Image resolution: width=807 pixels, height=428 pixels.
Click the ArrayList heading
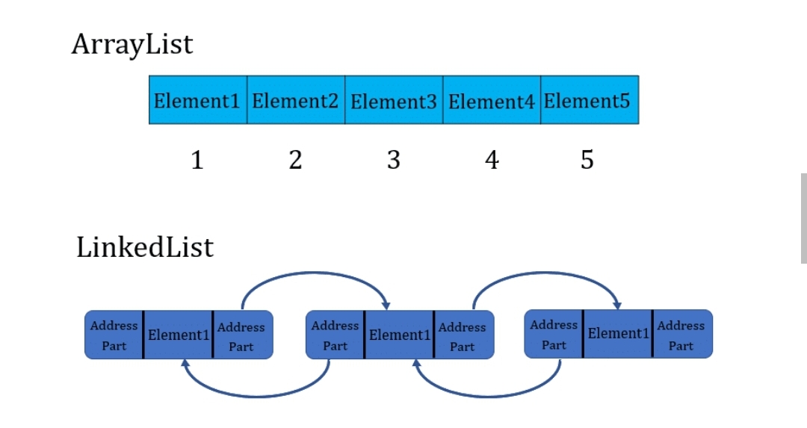132,45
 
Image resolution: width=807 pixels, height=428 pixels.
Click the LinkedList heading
145,247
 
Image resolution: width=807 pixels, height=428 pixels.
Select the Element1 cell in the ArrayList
197,100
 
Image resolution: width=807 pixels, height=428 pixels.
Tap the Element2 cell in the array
295,100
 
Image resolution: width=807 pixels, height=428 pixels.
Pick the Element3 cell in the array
393,100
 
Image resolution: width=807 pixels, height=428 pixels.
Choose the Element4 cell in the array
491,100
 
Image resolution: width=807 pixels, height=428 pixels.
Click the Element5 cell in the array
588,100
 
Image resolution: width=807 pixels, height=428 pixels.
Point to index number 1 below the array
197,159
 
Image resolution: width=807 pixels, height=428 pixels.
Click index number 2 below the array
295,159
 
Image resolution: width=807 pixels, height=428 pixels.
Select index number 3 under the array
394,159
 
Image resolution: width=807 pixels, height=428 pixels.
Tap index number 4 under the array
492,159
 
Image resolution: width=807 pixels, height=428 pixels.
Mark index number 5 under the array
587,159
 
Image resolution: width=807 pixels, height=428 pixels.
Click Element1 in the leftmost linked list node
179,335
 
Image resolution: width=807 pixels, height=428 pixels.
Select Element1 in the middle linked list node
400,335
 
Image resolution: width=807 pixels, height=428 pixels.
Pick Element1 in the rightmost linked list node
618,333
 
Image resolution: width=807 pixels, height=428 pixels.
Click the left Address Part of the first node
114,335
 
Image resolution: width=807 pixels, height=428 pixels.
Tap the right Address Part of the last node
681,335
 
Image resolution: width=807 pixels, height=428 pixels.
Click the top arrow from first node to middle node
314,274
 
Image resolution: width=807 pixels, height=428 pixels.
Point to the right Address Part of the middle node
462,336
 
